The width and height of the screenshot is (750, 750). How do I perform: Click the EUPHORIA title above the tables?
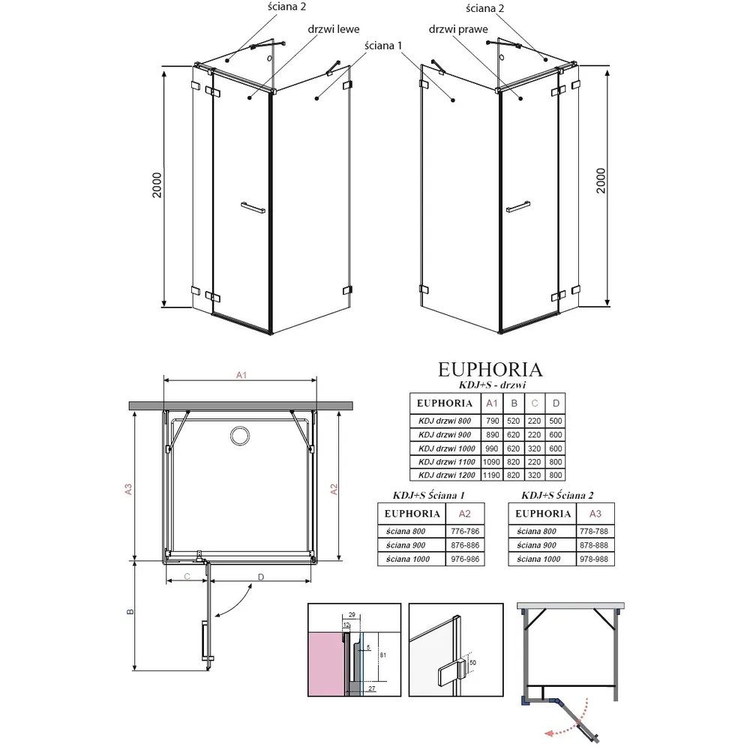click(490, 370)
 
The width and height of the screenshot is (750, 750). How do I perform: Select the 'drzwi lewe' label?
click(334, 29)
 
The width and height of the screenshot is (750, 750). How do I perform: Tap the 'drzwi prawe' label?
click(458, 30)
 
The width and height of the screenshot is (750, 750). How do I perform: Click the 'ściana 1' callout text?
click(383, 46)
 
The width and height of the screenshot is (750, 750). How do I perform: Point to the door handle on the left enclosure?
click(253, 208)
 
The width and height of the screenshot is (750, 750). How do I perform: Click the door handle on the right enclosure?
click(518, 207)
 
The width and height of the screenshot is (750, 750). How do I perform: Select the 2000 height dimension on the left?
click(157, 185)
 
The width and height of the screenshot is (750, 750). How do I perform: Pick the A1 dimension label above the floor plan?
click(241, 375)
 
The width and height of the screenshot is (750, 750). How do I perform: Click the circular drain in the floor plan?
click(240, 436)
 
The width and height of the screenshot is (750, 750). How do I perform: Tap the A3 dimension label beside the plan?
click(127, 489)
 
